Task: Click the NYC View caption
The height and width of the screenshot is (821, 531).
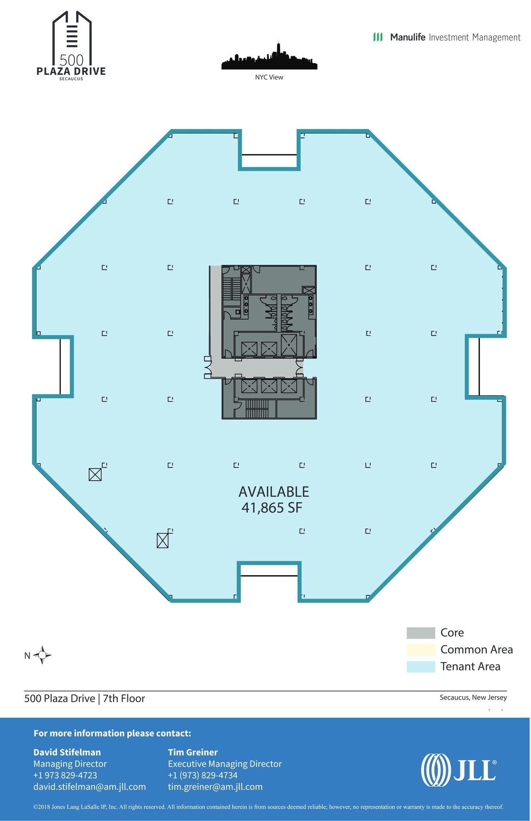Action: [x=269, y=77]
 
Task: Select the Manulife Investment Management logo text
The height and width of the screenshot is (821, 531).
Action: [x=447, y=37]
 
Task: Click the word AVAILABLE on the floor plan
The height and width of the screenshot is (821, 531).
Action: [x=274, y=492]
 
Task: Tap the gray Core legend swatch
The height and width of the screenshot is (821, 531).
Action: [x=420, y=633]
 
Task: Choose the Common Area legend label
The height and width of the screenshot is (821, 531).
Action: [x=476, y=649]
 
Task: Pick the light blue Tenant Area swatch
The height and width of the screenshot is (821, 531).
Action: [x=420, y=667]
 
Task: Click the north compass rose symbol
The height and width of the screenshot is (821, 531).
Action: [x=42, y=655]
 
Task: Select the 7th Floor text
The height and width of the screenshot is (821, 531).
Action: [x=124, y=698]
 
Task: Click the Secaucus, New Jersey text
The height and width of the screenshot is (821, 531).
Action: [x=473, y=698]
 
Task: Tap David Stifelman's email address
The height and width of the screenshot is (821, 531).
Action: [x=89, y=787]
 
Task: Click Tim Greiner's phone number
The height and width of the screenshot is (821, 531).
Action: [x=202, y=775]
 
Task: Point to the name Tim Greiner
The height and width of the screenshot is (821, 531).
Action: [x=193, y=752]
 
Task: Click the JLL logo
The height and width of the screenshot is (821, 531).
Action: [x=458, y=770]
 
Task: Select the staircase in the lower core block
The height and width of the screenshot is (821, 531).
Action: [x=256, y=409]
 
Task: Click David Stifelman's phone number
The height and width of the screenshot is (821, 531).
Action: [x=65, y=775]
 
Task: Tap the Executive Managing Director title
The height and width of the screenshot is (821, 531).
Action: [x=224, y=764]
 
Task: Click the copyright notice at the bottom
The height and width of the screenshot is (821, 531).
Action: [x=268, y=807]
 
